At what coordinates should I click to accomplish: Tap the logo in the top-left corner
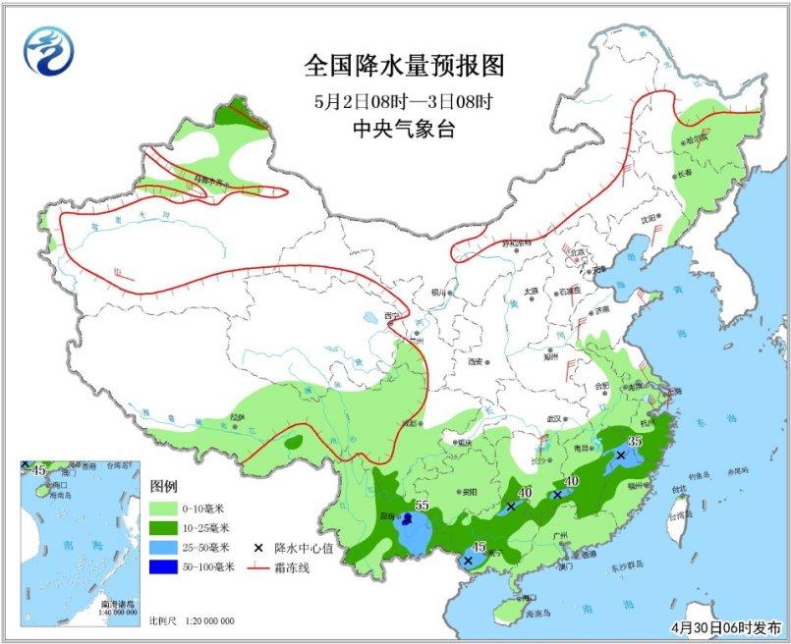(50, 48)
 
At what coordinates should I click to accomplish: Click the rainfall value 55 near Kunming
(424, 506)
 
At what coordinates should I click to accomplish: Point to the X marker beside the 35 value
(620, 456)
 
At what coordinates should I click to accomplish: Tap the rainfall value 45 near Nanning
(480, 547)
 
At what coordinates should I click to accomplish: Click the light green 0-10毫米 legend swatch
(163, 509)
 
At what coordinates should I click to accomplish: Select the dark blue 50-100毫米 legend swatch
(163, 566)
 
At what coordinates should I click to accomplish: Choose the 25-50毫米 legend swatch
(163, 547)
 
